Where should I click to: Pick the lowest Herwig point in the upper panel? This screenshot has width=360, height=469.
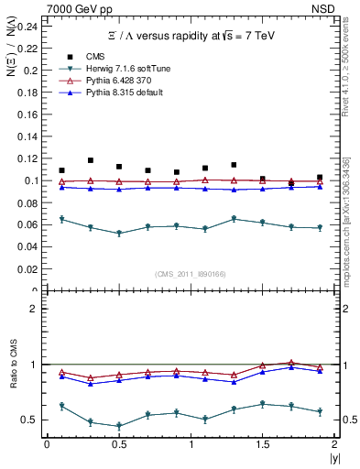(x=119, y=234)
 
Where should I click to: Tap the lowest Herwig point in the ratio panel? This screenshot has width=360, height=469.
(x=119, y=426)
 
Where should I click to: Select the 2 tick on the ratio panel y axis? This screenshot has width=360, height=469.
(x=35, y=309)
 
